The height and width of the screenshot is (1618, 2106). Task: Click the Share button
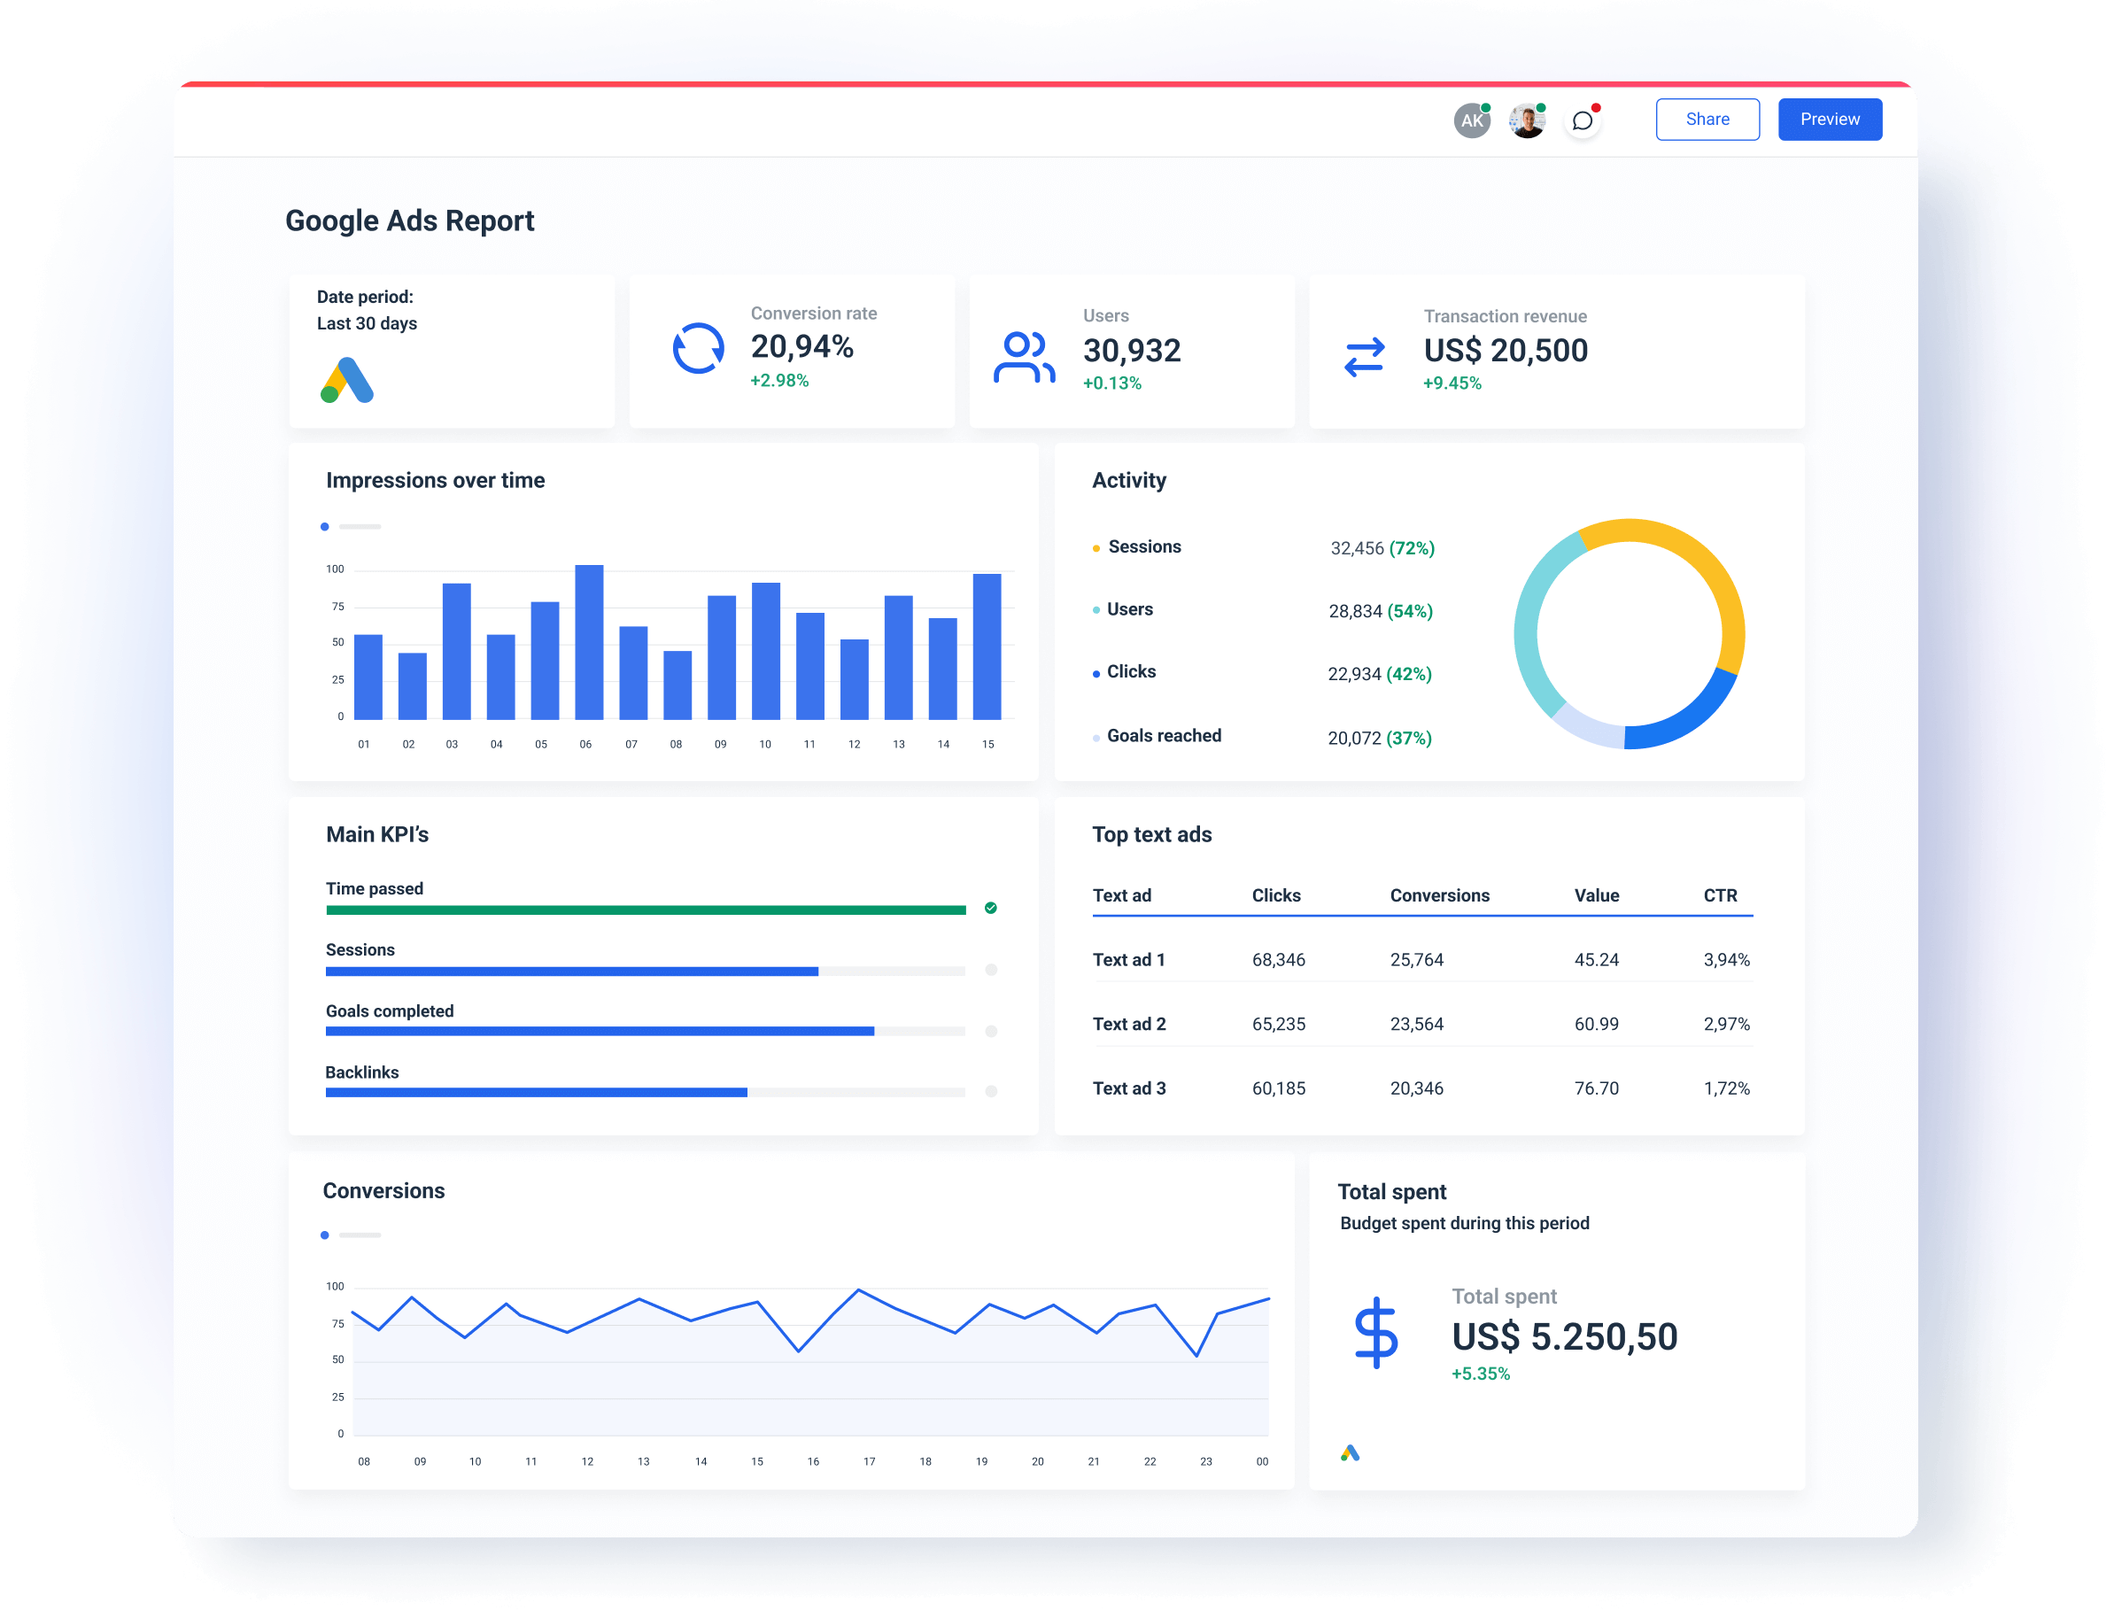click(x=1707, y=120)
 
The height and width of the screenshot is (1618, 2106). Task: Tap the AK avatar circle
click(x=1471, y=120)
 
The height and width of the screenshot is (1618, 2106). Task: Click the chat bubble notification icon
click(x=1582, y=120)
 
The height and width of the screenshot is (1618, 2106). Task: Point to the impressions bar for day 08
click(x=677, y=685)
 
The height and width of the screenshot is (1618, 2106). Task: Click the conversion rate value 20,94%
click(x=801, y=347)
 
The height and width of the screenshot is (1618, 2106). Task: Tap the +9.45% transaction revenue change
click(x=1452, y=383)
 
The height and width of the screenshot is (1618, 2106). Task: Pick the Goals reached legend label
click(x=1163, y=736)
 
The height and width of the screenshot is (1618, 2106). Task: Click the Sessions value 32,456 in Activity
click(x=1356, y=548)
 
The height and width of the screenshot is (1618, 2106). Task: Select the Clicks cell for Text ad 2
click(x=1278, y=1024)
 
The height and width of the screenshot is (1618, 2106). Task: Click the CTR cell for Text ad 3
click(x=1726, y=1088)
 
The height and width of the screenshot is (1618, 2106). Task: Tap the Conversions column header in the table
click(x=1438, y=895)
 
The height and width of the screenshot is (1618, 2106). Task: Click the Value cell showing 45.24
click(x=1596, y=960)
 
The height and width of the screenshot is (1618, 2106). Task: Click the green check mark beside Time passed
click(x=990, y=909)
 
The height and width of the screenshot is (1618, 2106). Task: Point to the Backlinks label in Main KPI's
click(x=361, y=1072)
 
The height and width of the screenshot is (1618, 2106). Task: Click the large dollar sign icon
click(x=1375, y=1333)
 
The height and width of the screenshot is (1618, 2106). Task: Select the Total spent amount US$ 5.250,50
click(x=1564, y=1336)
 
